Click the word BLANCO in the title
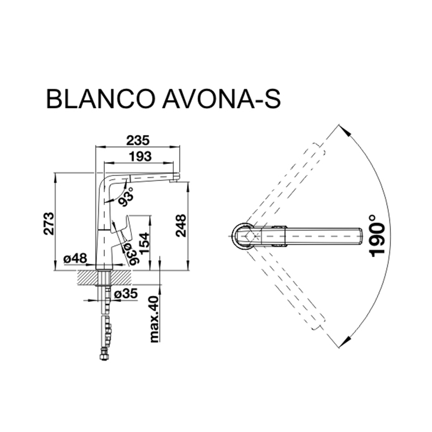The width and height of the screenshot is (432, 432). pyautogui.click(x=100, y=98)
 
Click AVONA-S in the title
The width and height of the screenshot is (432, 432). pyautogui.click(x=221, y=98)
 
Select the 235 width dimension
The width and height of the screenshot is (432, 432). pyautogui.click(x=138, y=140)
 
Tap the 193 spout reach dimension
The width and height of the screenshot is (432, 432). pyautogui.click(x=140, y=156)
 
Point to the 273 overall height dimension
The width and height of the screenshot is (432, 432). pyautogui.click(x=49, y=224)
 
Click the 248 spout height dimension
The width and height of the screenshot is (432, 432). pyautogui.click(x=180, y=225)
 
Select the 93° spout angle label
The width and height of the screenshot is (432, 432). pyautogui.click(x=126, y=197)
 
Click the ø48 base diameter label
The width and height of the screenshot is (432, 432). pyautogui.click(x=75, y=258)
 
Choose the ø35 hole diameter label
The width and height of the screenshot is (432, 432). pyautogui.click(x=126, y=294)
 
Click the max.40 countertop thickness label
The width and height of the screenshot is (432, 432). pyautogui.click(x=154, y=319)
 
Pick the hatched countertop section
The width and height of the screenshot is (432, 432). pyautogui.click(x=105, y=278)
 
